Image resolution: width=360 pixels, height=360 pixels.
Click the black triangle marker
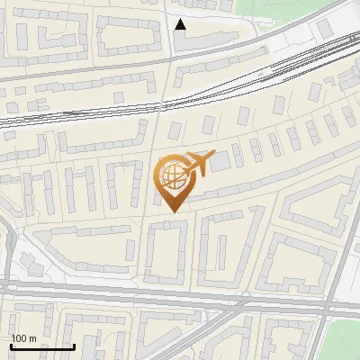click(x=180, y=24)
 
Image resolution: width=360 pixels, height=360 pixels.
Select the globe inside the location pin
click(x=171, y=175)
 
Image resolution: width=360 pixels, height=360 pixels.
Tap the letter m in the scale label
click(x=33, y=337)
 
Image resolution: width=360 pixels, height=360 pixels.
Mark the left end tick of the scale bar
click(x=10, y=346)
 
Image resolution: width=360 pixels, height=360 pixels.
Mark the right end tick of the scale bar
click(x=74, y=346)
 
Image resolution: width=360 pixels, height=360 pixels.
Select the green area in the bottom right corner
click(x=346, y=342)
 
